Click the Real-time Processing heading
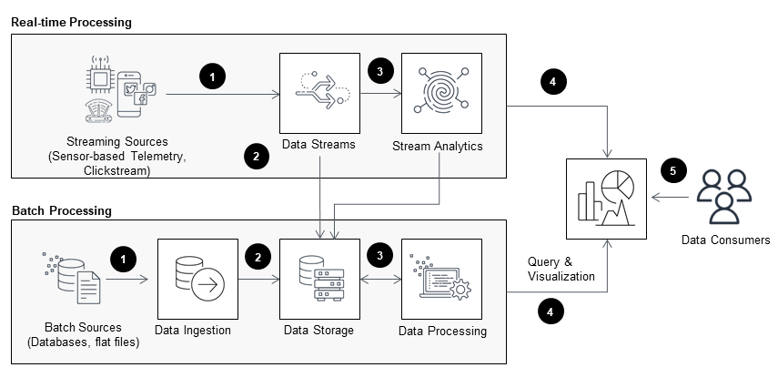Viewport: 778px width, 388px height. coord(73,20)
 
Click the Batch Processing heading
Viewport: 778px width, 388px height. coord(62,210)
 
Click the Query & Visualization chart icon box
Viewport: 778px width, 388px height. coord(606,198)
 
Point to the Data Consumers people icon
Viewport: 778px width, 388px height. coord(723,197)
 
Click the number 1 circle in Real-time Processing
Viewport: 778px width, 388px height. coord(212,78)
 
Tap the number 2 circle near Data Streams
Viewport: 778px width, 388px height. coord(258,156)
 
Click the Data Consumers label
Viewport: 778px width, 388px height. coord(725,240)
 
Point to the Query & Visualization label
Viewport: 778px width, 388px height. coord(561,269)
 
